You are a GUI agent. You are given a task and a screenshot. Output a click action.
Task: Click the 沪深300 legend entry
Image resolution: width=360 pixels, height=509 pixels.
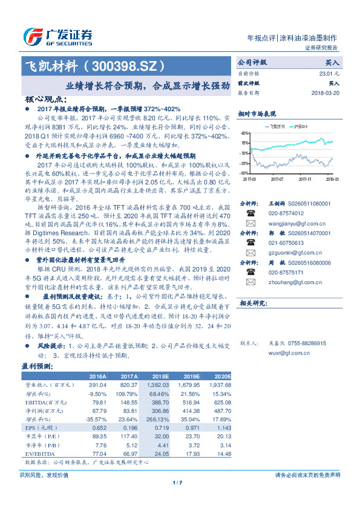click(301, 126)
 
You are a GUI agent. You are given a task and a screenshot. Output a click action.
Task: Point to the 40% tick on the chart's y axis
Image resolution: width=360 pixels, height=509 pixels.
click(245, 132)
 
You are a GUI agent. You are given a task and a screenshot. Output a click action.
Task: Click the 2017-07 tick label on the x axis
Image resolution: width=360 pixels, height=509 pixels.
click(278, 179)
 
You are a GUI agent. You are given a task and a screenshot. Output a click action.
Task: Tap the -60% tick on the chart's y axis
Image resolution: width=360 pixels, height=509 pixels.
click(244, 173)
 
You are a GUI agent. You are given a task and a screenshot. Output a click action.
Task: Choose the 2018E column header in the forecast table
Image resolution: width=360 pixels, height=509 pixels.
click(160, 375)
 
